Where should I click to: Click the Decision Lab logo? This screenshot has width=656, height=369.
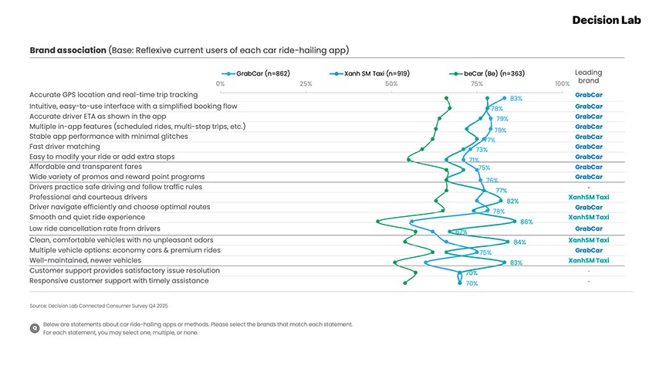tap(606, 20)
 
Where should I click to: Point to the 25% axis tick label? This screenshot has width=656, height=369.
tap(306, 83)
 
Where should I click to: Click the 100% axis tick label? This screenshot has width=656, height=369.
tap(562, 83)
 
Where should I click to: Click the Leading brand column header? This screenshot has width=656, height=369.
tap(588, 76)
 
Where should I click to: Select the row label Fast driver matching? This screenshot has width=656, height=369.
tap(65, 147)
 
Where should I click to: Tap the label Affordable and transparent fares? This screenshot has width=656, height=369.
tap(85, 167)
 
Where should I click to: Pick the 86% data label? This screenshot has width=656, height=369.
tap(526, 222)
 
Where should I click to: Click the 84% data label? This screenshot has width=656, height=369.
tap(519, 242)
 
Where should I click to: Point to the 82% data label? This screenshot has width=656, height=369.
tap(512, 201)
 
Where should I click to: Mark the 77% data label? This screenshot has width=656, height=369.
tap(501, 191)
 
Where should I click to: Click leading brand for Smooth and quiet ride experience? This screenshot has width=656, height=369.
tap(588, 218)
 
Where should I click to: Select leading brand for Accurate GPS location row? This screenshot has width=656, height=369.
tap(588, 95)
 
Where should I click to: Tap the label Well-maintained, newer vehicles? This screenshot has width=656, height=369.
tap(85, 261)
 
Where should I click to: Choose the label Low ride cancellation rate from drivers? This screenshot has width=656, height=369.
tap(95, 229)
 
